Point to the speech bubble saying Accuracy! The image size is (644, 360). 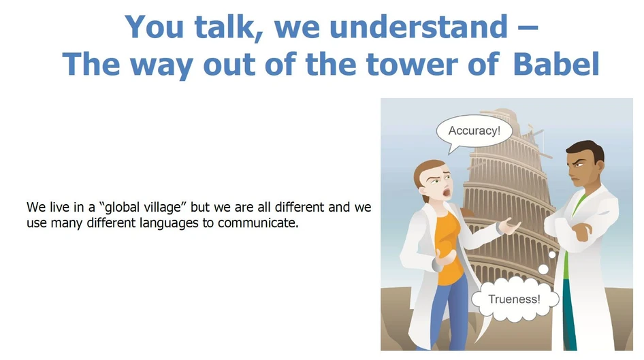474,131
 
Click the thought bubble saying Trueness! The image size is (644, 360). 514,299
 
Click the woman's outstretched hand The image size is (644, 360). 507,227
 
